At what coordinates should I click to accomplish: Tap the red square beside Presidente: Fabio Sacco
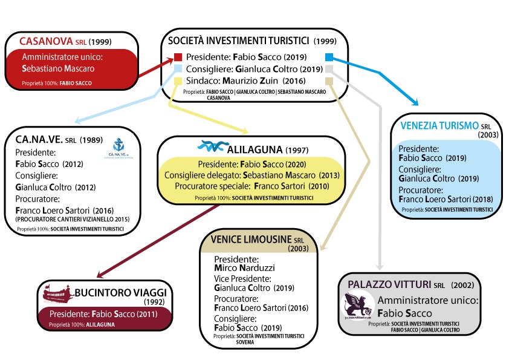pyautogui.click(x=178, y=57)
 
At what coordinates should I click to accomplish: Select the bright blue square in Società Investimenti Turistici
pyautogui.click(x=329, y=57)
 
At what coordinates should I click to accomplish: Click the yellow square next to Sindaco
pyautogui.click(x=178, y=81)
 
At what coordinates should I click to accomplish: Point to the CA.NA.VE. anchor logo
pyautogui.click(x=123, y=147)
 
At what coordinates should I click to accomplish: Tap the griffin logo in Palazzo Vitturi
pyautogui.click(x=357, y=306)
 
